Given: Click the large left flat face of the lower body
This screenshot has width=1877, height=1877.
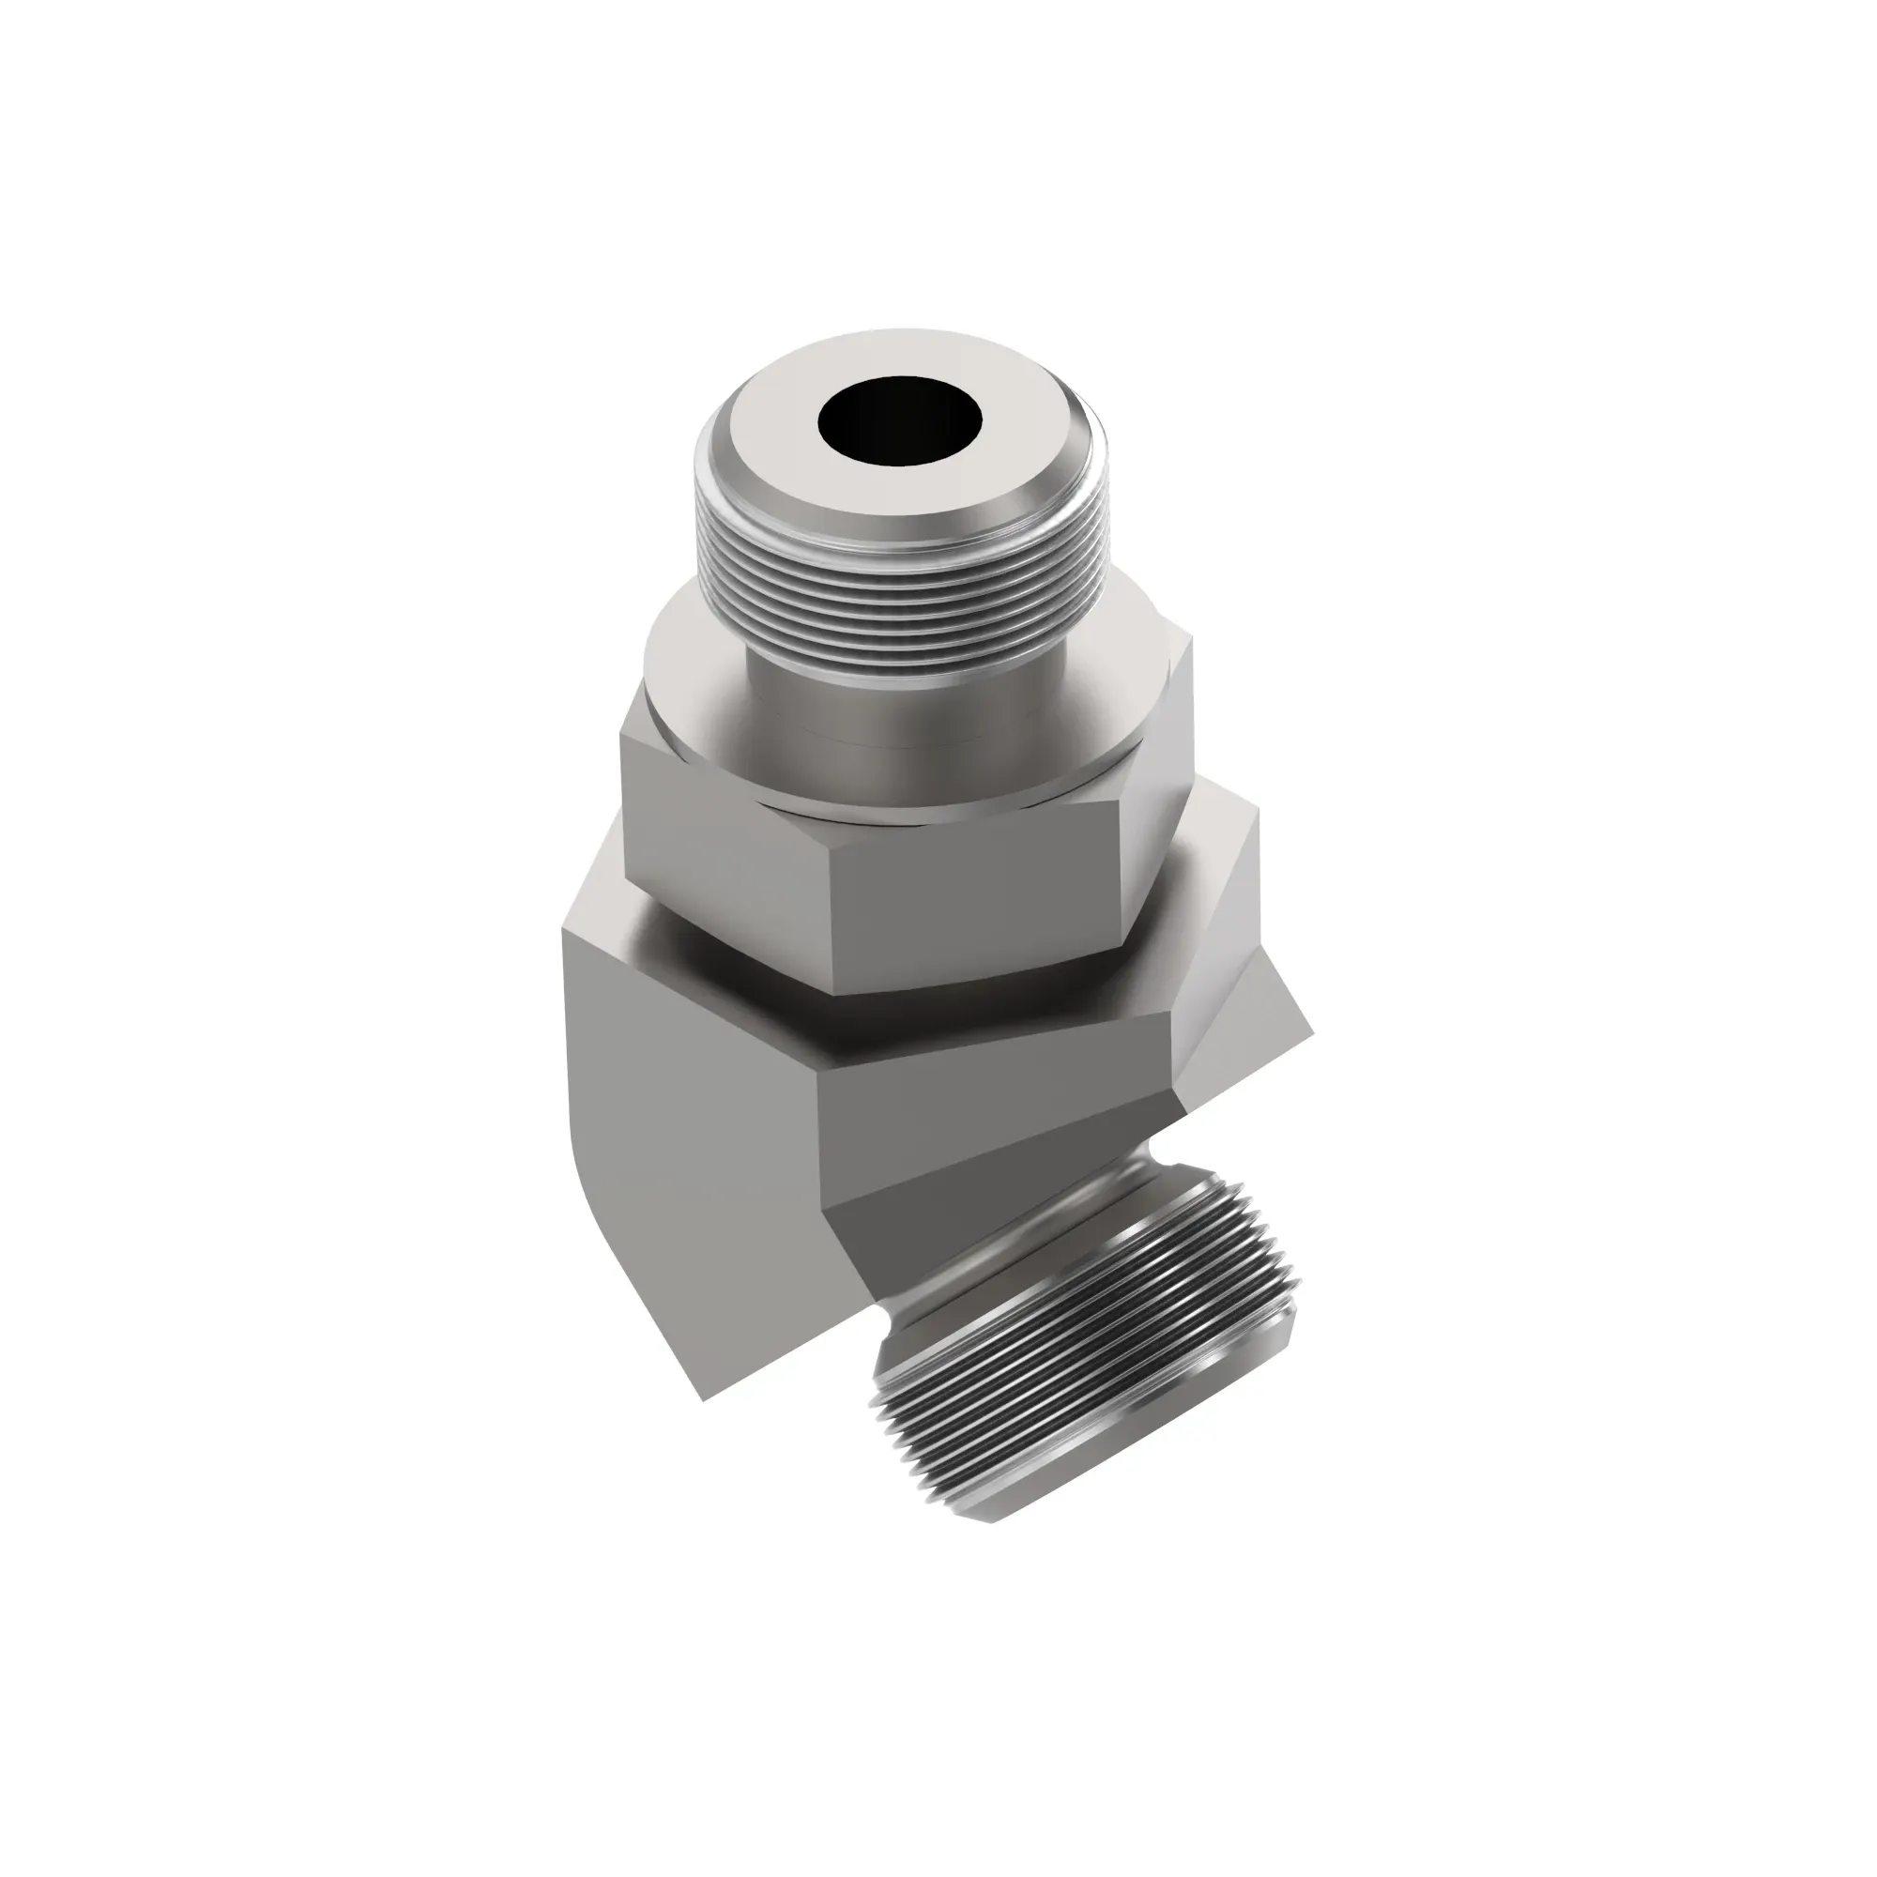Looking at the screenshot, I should point(680,1117).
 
